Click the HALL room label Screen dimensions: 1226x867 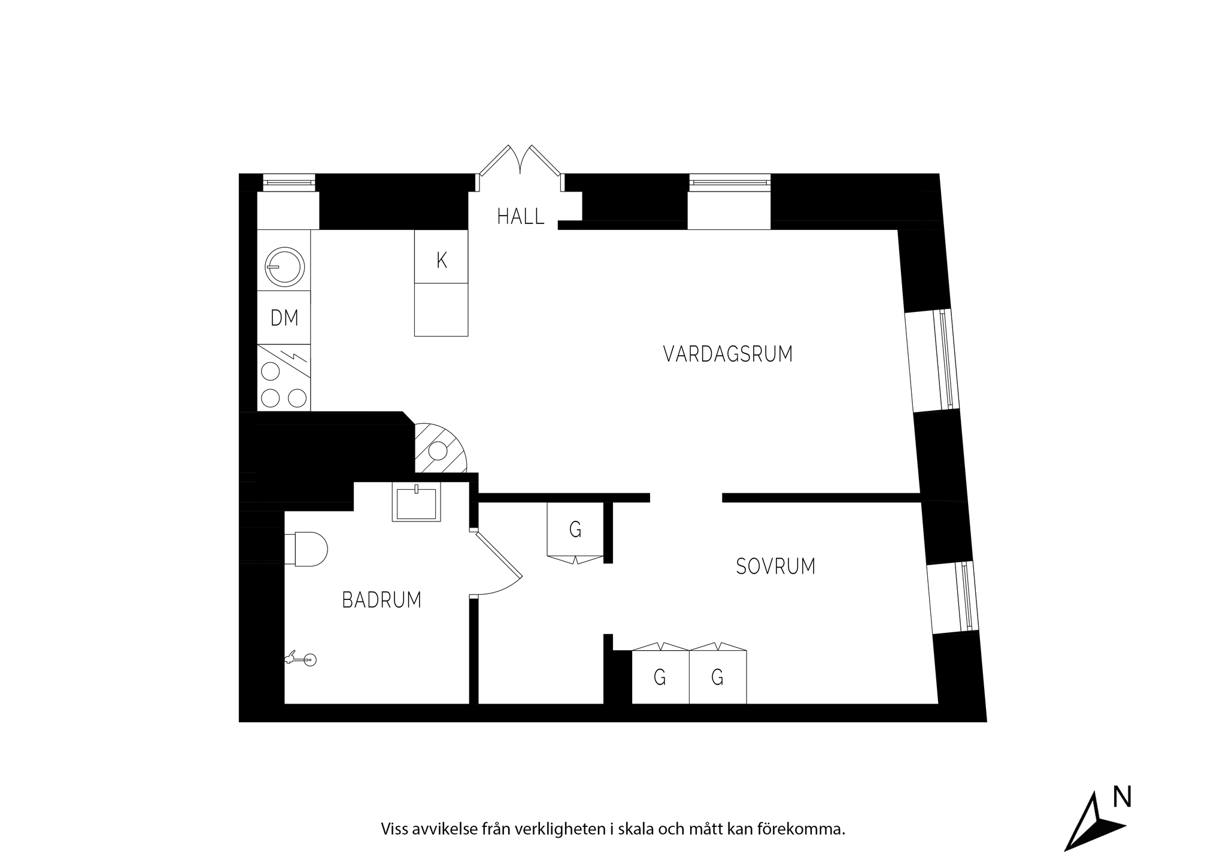(521, 216)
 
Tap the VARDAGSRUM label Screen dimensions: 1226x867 (728, 354)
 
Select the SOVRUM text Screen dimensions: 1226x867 (776, 566)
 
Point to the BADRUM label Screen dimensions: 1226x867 (382, 599)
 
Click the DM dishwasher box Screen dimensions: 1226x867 (284, 317)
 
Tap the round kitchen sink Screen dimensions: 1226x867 (284, 266)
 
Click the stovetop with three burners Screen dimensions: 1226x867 (284, 377)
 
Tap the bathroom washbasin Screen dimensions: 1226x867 (416, 502)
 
